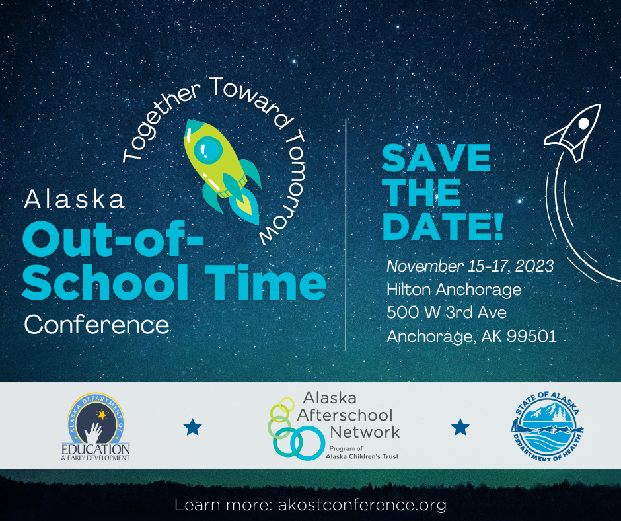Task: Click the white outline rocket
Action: coord(573,132)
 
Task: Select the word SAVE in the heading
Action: coord(436,159)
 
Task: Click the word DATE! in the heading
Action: coord(443,226)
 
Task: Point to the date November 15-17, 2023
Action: coord(470,266)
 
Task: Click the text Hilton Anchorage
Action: coord(454,290)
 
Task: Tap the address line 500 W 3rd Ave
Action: coord(447,313)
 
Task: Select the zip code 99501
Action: coord(532,336)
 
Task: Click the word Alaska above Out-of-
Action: coord(75,200)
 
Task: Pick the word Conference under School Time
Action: coord(96,325)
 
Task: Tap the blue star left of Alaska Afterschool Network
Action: coord(192,428)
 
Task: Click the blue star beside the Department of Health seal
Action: coord(460,428)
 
